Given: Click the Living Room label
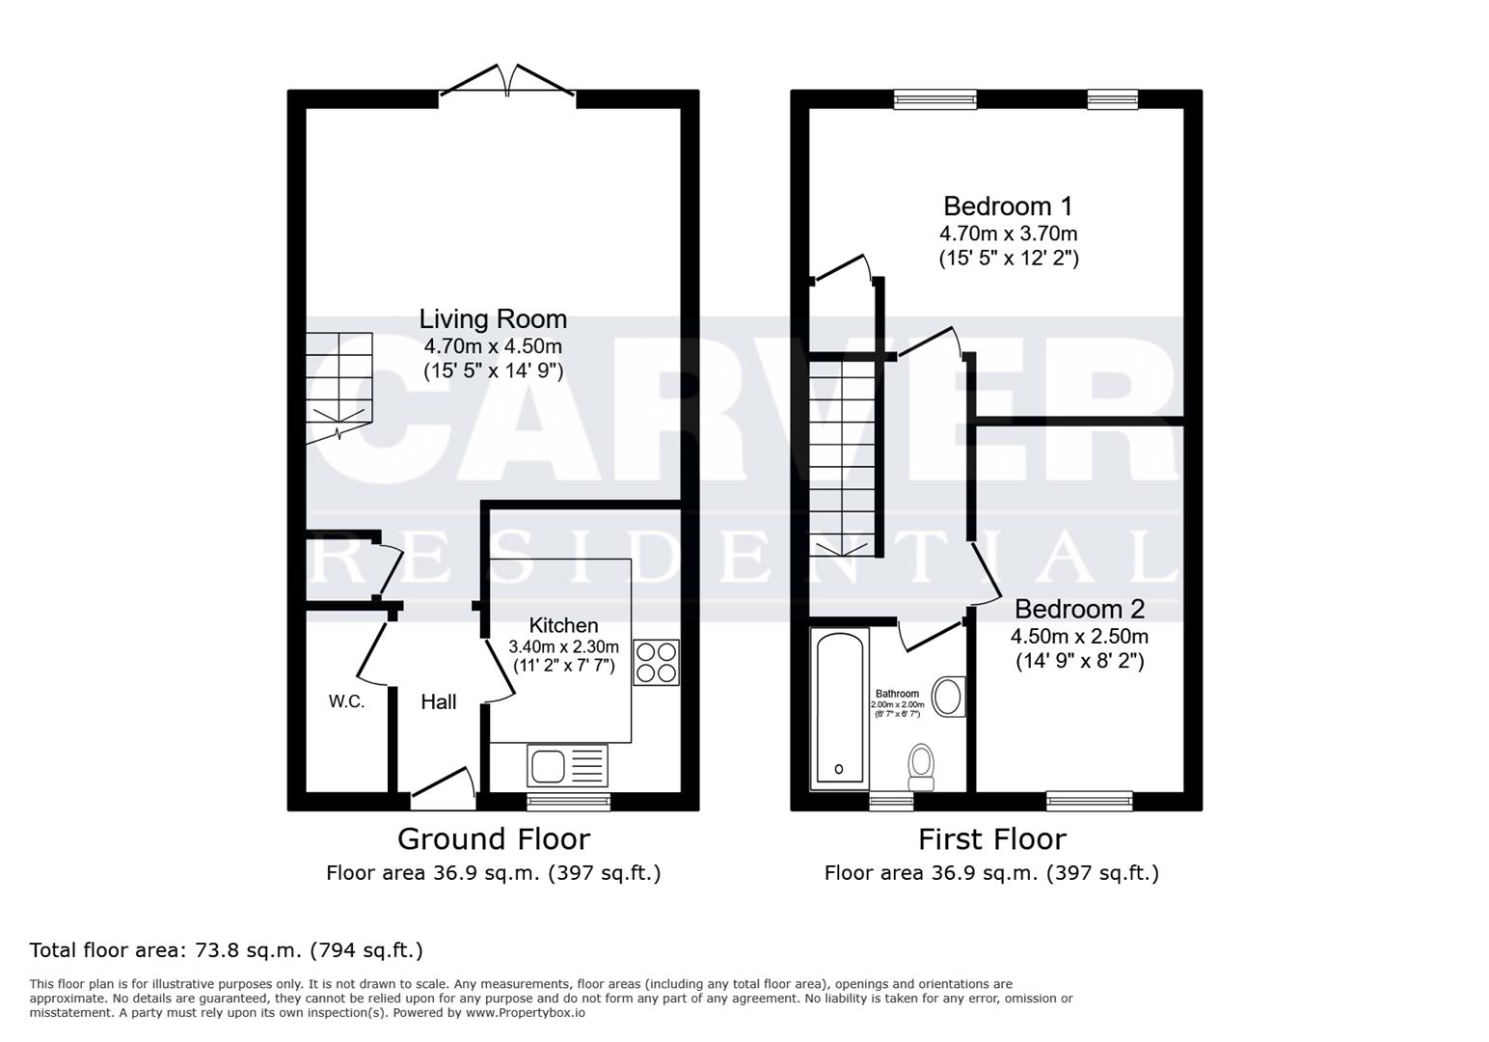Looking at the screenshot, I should tap(493, 319).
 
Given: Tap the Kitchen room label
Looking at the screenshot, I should tap(563, 625).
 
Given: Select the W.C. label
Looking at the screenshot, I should tap(346, 701).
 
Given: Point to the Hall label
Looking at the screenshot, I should tap(439, 702).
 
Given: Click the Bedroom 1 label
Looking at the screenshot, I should tap(1008, 206).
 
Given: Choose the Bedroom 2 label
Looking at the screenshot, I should tap(1079, 610).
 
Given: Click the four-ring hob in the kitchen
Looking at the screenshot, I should tap(656, 662).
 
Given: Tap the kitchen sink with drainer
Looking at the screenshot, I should tap(567, 765).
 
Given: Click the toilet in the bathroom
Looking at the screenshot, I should tap(922, 763).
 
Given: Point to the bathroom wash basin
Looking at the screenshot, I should tap(950, 697).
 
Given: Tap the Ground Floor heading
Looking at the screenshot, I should tap(493, 839).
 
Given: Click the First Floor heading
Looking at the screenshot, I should tap(991, 839).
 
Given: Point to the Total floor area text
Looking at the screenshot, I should tap(227, 950).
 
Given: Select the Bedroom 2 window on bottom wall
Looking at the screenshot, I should tap(1089, 800).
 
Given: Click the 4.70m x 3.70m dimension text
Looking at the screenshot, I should tap(1008, 233).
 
